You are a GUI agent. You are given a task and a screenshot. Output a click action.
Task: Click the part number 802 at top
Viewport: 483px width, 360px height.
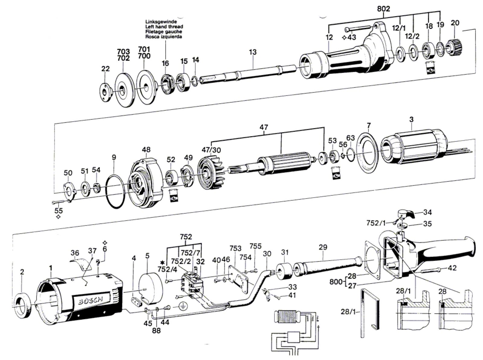(x=383, y=9)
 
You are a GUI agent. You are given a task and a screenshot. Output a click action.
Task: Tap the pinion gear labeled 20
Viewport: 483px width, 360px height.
(x=452, y=47)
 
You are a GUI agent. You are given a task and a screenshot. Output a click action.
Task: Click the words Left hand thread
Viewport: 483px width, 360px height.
(x=164, y=27)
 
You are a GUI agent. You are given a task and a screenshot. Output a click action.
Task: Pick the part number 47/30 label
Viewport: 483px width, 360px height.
(x=211, y=150)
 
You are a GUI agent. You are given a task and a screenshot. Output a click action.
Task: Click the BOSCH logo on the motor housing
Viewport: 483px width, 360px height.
(x=91, y=300)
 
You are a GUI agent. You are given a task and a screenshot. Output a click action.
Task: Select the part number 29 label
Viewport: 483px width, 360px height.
(x=323, y=247)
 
